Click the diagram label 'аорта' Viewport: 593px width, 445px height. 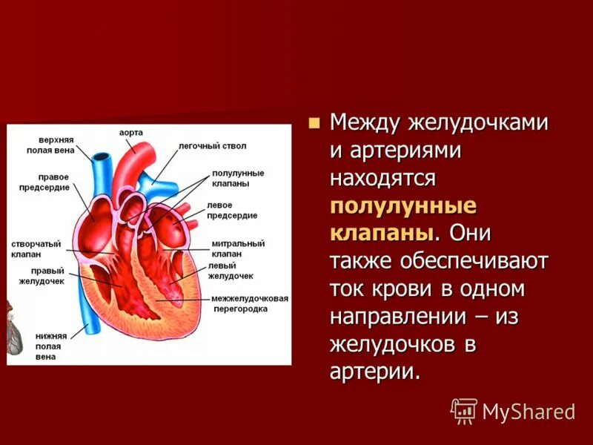click(x=131, y=133)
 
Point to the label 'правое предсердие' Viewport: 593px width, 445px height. click(x=54, y=182)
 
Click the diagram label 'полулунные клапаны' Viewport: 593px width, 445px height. click(x=237, y=178)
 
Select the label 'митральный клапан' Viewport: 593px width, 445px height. click(x=238, y=248)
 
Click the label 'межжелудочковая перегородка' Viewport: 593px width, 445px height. click(x=249, y=303)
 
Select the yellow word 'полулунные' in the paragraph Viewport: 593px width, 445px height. click(x=403, y=205)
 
